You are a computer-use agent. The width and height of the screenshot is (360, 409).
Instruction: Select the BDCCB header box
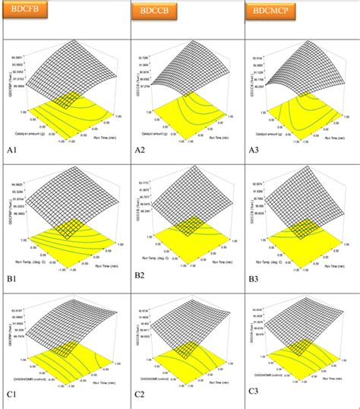click(152, 13)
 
